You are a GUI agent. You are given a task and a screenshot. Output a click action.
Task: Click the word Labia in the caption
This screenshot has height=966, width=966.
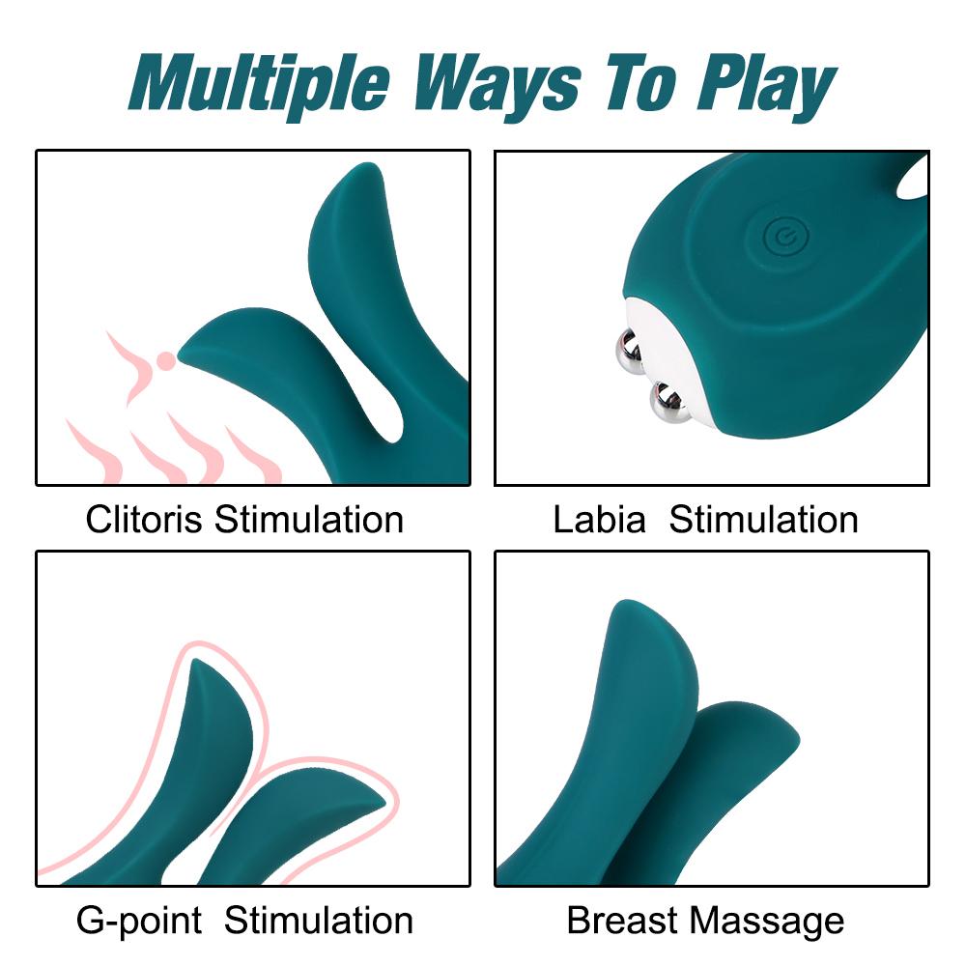pos(599,520)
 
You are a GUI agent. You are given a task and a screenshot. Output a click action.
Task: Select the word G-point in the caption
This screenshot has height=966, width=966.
pos(139,921)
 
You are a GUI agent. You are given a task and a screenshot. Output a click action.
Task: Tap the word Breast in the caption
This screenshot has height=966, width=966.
pos(623,921)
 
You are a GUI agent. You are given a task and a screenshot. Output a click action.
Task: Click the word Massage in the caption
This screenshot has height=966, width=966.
pos(772,921)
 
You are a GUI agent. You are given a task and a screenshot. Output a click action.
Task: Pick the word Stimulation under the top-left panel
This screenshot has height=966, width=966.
pos(309,520)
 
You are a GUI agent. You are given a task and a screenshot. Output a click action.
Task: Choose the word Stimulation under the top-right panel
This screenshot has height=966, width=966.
pos(764,520)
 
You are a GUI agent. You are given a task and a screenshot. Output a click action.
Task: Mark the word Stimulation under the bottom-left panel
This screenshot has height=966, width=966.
pos(319,921)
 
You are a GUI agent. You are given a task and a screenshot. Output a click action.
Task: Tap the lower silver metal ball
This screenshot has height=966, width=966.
pos(668,403)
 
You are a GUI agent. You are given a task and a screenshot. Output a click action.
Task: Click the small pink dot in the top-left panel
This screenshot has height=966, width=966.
pos(166,361)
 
